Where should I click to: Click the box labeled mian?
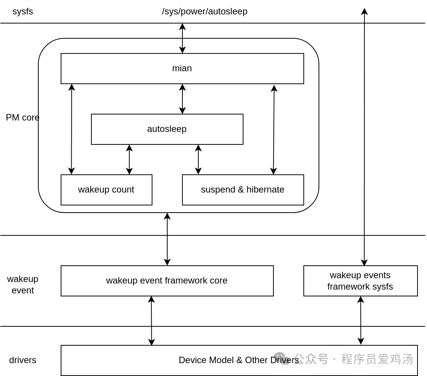click(182, 69)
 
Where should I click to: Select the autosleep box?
click(167, 129)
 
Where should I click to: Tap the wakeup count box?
click(106, 190)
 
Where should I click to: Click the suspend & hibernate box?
click(243, 190)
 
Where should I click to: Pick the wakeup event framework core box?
click(167, 281)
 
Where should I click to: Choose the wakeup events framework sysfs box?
click(360, 281)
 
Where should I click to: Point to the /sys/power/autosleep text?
click(205, 11)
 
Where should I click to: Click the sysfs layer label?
click(23, 11)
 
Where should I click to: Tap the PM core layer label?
click(23, 117)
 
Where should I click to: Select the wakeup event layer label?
click(23, 285)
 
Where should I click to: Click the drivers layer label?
click(23, 360)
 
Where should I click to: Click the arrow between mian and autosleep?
click(182, 99)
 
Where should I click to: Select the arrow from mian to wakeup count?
click(72, 129)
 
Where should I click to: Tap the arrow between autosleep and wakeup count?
click(129, 160)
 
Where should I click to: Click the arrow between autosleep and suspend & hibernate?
click(198, 160)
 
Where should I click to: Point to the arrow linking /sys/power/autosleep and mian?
click(182, 38)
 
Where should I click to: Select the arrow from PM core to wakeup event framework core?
click(167, 239)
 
